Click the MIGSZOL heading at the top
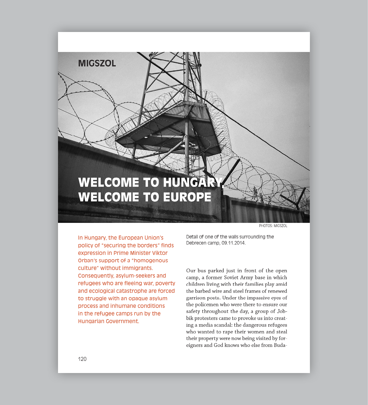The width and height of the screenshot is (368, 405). [x=97, y=63]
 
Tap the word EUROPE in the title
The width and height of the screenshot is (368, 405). [x=187, y=197]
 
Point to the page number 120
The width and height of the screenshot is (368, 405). [x=82, y=359]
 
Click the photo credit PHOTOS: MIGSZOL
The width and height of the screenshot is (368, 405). [x=273, y=226]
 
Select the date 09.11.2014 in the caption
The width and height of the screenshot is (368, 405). [x=233, y=243]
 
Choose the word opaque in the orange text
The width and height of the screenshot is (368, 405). [x=140, y=298]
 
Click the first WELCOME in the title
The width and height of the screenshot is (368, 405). [x=108, y=183]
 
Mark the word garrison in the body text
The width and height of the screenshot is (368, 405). [x=196, y=298]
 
